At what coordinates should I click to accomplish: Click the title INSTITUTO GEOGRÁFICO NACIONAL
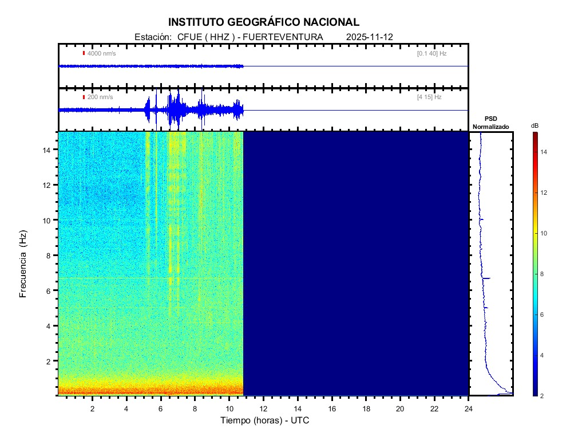[x=264, y=22]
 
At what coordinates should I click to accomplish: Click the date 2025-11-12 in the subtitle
[x=369, y=37]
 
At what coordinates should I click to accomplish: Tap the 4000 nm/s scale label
[x=101, y=53]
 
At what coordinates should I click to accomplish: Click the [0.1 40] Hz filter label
[x=431, y=53]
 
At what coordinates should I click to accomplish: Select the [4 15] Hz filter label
[x=429, y=97]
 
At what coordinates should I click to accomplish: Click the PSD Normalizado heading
[x=490, y=123]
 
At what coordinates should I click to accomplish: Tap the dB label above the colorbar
[x=534, y=125]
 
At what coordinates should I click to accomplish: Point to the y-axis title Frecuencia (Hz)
[x=23, y=264]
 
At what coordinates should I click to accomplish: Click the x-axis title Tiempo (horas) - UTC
[x=265, y=421]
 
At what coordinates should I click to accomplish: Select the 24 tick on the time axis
[x=469, y=408]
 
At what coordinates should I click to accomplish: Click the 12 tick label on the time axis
[x=263, y=408]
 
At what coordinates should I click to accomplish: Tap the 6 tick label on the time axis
[x=161, y=408]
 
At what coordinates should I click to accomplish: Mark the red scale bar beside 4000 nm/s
[x=84, y=53]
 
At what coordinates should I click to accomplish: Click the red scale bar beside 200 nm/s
[x=84, y=97]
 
